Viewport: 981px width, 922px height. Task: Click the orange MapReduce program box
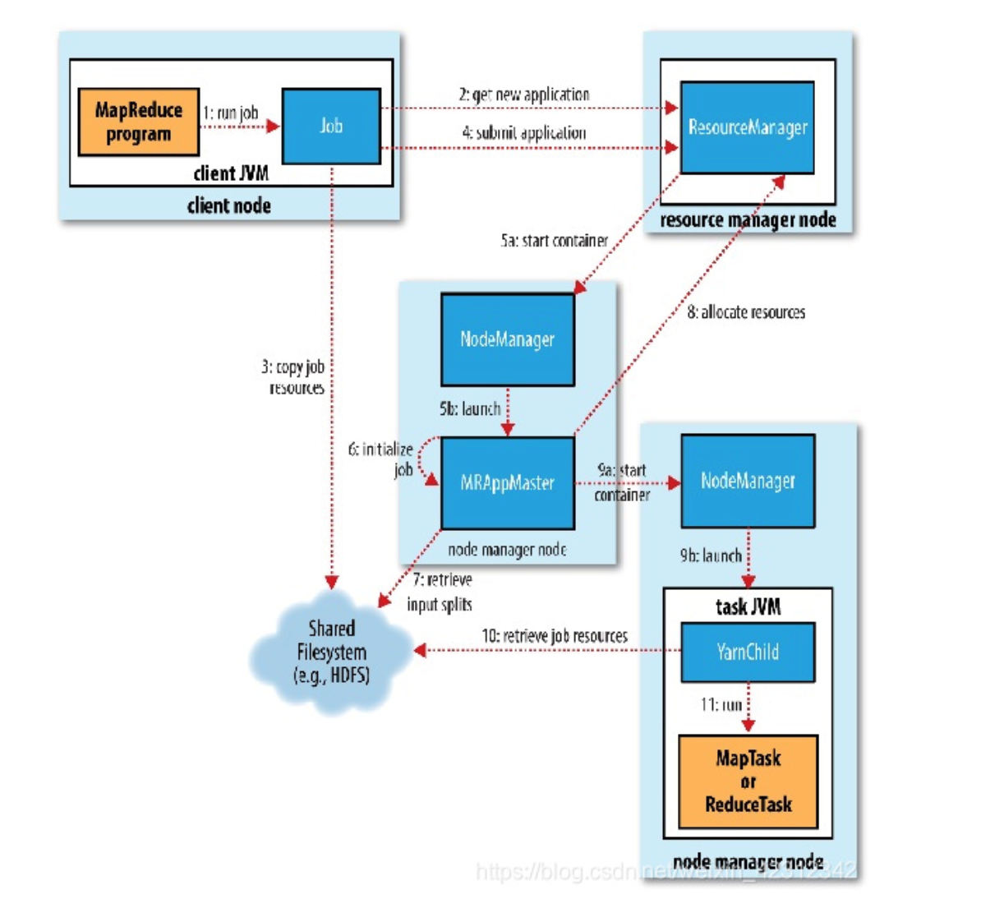coord(138,122)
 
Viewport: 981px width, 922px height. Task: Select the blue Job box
coord(331,126)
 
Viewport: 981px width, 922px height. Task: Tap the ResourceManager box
coord(747,127)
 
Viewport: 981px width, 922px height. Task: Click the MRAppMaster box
coord(507,482)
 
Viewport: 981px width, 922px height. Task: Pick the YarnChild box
coord(747,652)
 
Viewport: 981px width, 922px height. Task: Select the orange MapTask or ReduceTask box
coord(748,781)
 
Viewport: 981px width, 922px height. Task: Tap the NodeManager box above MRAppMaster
coord(507,339)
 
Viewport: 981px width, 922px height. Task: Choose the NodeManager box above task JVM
coord(748,481)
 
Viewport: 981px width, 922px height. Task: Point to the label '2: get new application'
coord(523,95)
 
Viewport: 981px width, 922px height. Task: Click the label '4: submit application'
coord(524,132)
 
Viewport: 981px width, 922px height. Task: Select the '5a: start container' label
coord(554,241)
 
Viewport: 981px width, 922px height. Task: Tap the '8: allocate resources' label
coord(746,312)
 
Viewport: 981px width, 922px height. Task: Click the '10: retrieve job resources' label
coord(554,636)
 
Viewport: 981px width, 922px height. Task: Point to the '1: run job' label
coord(230,113)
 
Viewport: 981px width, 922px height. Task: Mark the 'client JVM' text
coord(230,173)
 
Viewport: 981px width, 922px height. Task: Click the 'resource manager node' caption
coord(748,220)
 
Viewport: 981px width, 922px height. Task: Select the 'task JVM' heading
coord(748,607)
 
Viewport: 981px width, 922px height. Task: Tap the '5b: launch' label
coord(469,408)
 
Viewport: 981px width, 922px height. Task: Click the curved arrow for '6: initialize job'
coord(422,460)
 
